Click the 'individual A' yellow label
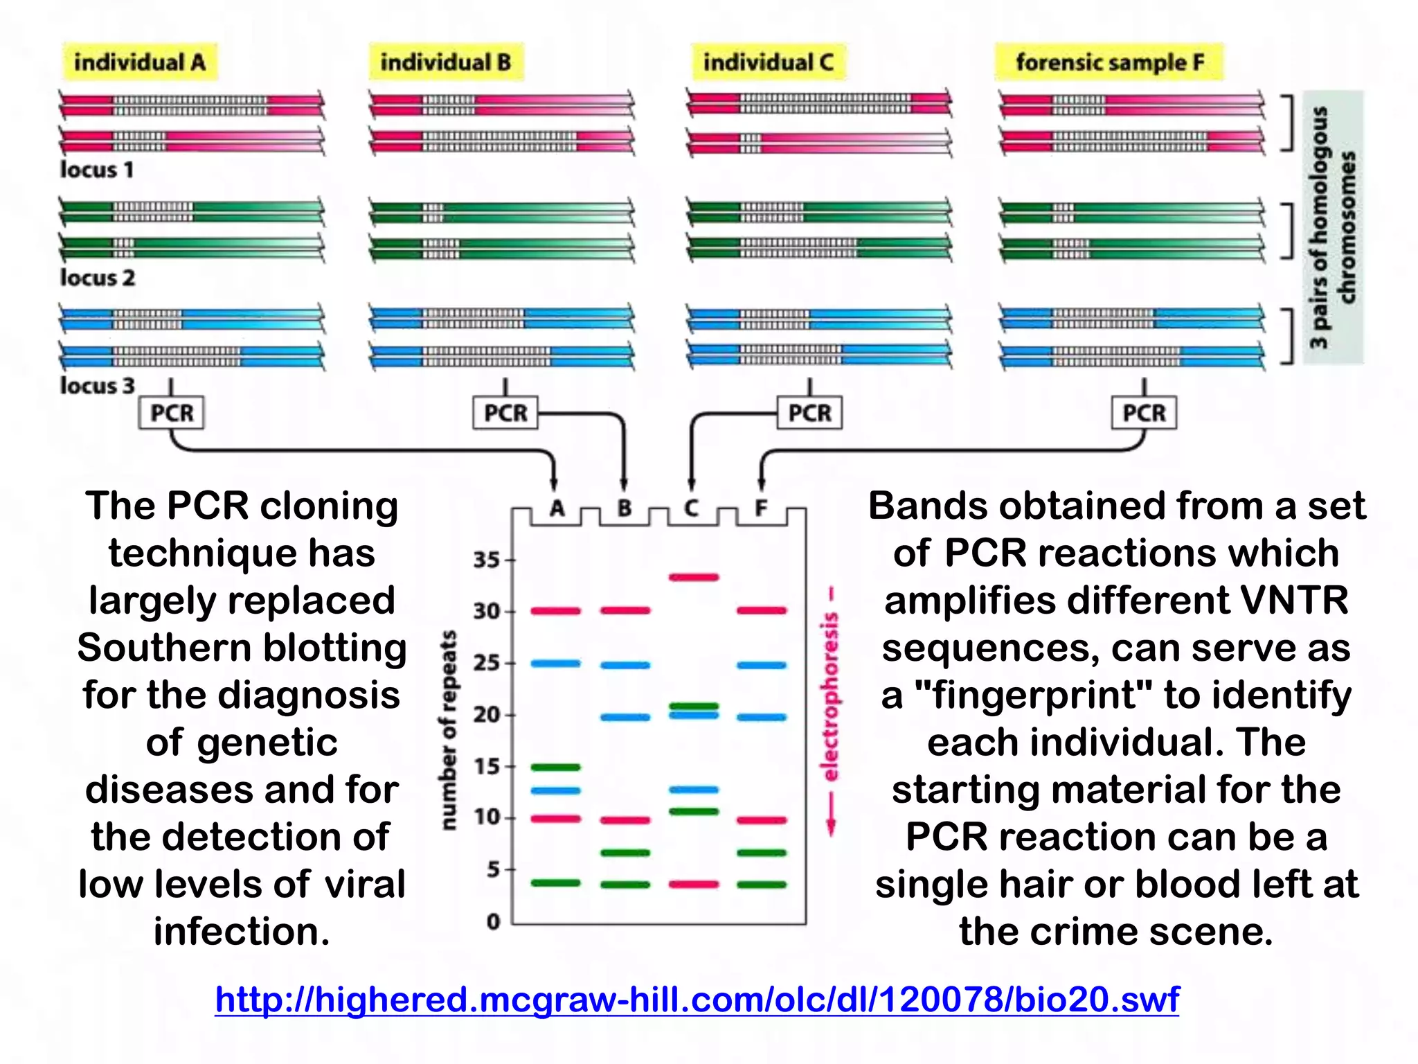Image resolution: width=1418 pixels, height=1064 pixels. pyautogui.click(x=139, y=62)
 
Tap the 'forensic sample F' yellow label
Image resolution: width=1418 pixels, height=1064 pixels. pyautogui.click(x=1109, y=62)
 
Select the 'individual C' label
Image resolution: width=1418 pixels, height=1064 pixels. pyautogui.click(x=768, y=62)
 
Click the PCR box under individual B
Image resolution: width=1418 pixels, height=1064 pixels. pyautogui.click(x=505, y=413)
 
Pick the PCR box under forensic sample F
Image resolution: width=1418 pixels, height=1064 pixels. pyautogui.click(x=1144, y=413)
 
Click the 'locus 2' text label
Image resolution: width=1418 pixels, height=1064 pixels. pyautogui.click(x=97, y=278)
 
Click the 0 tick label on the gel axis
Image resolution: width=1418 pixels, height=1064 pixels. pyautogui.click(x=493, y=922)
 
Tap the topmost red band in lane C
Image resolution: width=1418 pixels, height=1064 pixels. pyautogui.click(x=693, y=576)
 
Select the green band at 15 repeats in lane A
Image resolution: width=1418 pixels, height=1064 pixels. pyautogui.click(x=555, y=767)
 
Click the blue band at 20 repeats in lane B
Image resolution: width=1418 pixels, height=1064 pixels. pyautogui.click(x=625, y=717)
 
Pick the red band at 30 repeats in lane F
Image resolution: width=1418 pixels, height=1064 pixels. pyautogui.click(x=762, y=610)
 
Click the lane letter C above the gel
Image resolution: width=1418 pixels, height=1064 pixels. pyautogui.click(x=692, y=509)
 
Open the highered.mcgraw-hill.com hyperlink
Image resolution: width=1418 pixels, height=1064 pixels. pyautogui.click(x=697, y=1000)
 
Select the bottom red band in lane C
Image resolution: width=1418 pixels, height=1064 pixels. pyautogui.click(x=693, y=884)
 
